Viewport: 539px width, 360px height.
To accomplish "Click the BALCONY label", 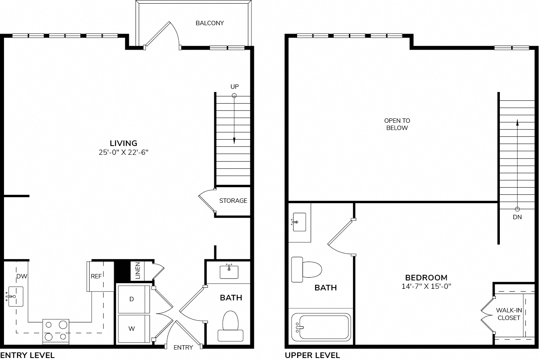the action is pos(210,23).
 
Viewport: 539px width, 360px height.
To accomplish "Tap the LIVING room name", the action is pos(124,143).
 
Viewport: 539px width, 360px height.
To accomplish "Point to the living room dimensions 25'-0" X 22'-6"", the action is pos(124,152).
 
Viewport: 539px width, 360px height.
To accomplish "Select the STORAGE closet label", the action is pos(233,201).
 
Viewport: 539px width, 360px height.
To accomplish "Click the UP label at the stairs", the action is pos(235,87).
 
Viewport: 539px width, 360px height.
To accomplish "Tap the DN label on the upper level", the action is pos(517,217).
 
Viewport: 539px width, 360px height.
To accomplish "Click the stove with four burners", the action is pos(56,331).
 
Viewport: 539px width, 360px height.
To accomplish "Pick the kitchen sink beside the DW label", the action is pos(15,296).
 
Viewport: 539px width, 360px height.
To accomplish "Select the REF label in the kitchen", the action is pos(96,276).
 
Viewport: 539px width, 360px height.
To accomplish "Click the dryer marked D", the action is pos(134,299).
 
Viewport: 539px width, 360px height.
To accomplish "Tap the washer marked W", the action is pos(134,329).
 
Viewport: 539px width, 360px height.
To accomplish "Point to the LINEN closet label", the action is pos(138,270).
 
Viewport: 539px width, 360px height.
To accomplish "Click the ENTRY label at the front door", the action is pos(183,347).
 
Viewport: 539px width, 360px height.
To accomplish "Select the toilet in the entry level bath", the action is pos(230,326).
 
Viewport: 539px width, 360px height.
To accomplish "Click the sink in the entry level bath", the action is pos(229,272).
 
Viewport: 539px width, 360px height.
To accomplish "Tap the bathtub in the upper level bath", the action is pos(321,327).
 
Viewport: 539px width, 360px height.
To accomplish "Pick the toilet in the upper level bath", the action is pos(306,270).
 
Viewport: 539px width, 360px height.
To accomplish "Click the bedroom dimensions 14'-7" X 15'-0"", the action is pos(426,286).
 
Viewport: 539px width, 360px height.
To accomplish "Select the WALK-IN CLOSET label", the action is pos(509,314).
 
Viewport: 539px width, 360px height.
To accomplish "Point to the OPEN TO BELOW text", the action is pos(397,124).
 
